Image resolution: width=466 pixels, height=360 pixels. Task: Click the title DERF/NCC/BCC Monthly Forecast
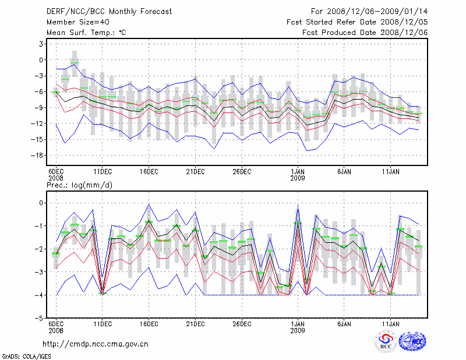(110, 11)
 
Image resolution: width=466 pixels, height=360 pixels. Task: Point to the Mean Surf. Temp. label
(86, 32)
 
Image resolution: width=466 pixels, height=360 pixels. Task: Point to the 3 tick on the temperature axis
(41, 44)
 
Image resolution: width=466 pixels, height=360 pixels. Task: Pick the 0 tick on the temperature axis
(41, 59)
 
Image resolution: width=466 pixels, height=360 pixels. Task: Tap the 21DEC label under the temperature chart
(195, 172)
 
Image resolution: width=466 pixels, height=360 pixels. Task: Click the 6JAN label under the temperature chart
(344, 172)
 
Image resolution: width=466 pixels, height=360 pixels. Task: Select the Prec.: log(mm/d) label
(79, 185)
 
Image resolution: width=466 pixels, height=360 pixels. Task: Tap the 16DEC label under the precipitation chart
(149, 323)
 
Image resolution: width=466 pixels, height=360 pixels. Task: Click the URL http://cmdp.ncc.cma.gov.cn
(96, 344)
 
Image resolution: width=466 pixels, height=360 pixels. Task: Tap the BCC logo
(386, 341)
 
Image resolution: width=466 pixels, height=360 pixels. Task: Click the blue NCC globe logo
(412, 341)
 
